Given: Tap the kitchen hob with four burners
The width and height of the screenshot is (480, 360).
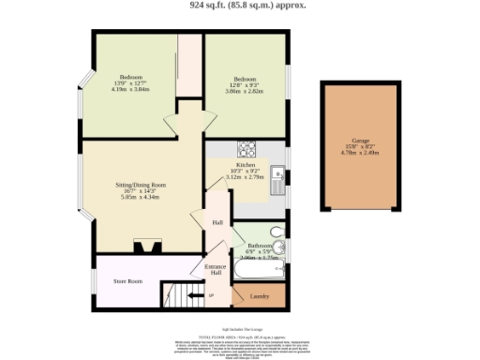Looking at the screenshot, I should point(247,147).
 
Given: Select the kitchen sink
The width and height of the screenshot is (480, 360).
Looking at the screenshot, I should point(277,177).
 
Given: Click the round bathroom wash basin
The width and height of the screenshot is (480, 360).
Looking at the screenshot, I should point(280,247).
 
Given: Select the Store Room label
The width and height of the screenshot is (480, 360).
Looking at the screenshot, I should point(127,280).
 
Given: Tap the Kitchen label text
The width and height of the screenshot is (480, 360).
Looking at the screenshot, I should point(246,165).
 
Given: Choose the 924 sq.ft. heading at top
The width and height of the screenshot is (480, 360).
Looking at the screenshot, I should point(239,5).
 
